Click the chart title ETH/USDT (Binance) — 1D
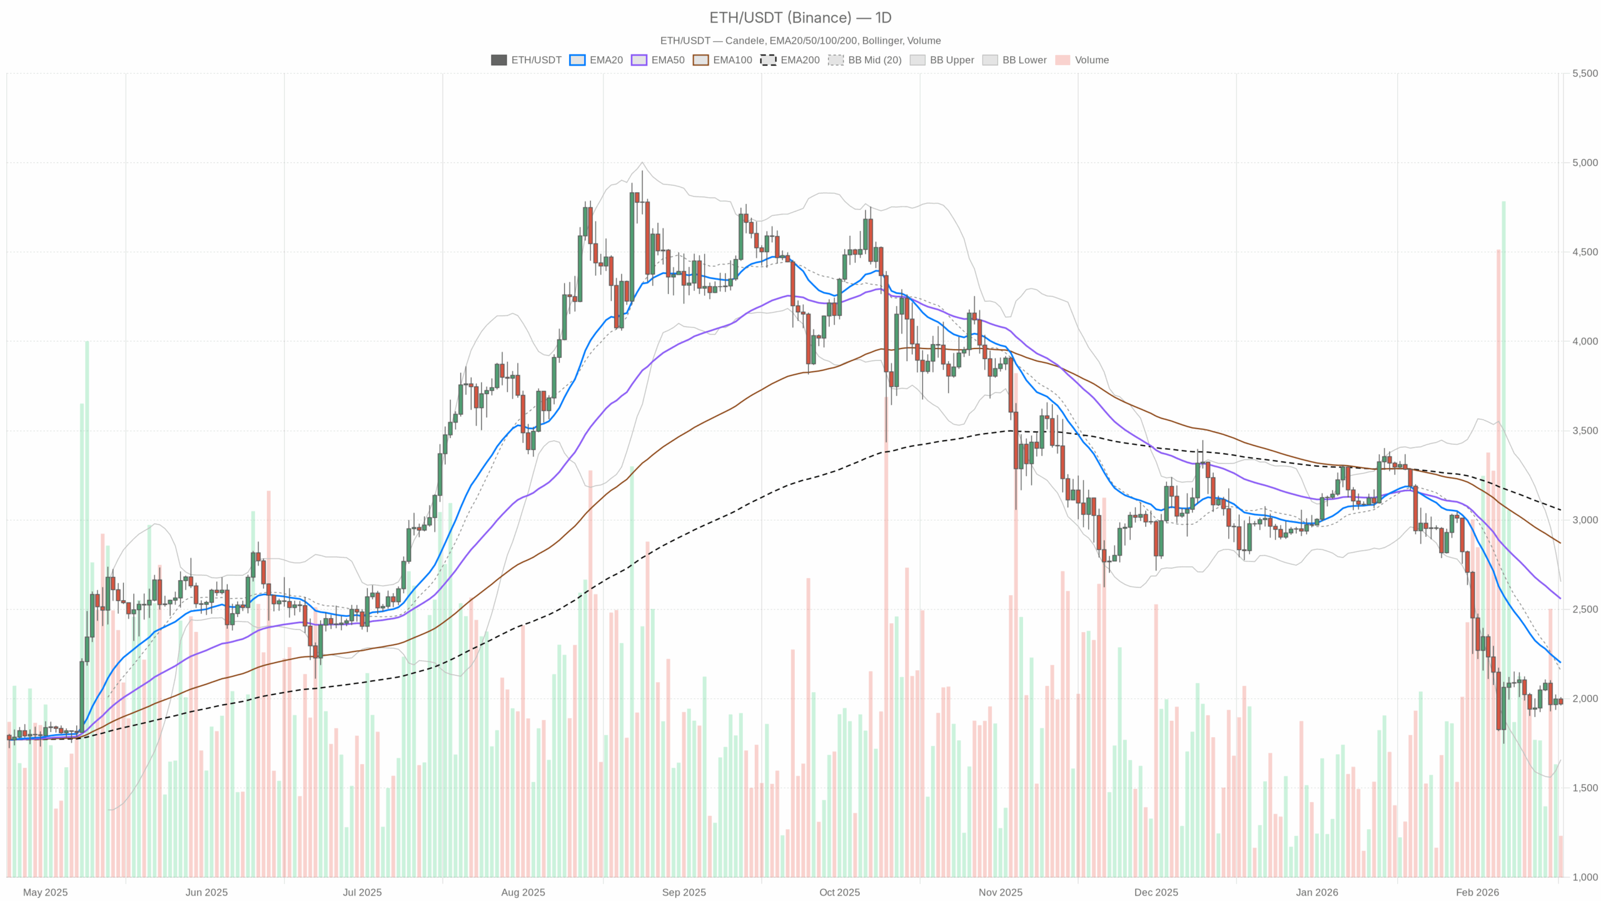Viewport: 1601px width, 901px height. (800, 18)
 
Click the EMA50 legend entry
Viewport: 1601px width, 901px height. (658, 60)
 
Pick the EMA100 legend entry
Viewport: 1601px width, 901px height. (722, 60)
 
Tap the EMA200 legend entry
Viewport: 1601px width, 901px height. (790, 60)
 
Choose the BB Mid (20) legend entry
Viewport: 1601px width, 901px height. (865, 60)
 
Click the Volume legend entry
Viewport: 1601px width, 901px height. (1082, 60)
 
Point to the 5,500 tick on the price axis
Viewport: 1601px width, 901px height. (1585, 73)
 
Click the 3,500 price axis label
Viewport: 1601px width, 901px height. (1585, 430)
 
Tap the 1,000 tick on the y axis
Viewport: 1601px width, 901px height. (1585, 877)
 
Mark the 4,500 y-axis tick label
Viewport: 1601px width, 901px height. (1585, 252)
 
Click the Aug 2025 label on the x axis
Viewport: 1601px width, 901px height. (523, 892)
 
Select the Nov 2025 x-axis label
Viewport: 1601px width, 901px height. (1000, 892)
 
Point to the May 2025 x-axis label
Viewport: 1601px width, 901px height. (45, 892)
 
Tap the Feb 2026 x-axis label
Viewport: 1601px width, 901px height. (1477, 892)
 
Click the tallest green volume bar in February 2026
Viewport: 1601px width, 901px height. (1503, 538)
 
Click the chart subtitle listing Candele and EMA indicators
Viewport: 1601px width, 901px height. (800, 41)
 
